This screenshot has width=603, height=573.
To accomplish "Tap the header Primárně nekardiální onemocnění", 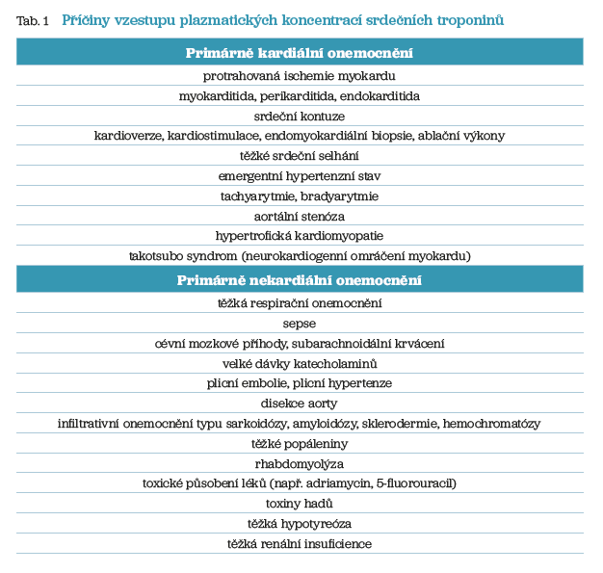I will pos(300,281).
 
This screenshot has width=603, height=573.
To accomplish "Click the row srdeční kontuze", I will pos(300,116).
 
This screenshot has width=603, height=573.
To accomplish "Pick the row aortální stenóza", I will pos(300,216).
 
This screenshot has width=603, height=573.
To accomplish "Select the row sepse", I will pos(300,324).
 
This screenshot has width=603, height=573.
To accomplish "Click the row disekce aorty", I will pos(300,404).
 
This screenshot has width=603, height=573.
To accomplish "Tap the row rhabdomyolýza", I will pos(300,463).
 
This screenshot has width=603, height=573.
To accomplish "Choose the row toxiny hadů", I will pos(300,504).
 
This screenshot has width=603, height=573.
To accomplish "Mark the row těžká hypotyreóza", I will pos(300,524).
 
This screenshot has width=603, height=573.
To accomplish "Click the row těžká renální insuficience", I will pos(300,544).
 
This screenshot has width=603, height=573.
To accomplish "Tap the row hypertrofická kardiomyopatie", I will pos(300,236).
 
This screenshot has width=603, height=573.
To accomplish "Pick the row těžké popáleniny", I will pos(300,444).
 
